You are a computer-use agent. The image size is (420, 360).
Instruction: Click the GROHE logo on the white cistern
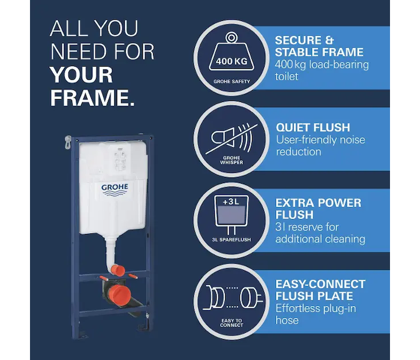tap(115, 190)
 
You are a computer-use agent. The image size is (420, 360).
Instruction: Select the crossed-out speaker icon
tap(232, 138)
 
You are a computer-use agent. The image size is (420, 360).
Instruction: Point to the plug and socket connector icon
tap(233, 297)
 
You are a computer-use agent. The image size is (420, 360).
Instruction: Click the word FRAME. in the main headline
tap(92, 98)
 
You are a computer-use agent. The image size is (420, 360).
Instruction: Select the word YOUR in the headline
tap(82, 75)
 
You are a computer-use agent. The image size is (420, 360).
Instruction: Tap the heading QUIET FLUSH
tap(313, 127)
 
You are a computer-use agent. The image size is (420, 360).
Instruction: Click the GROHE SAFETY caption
tap(232, 82)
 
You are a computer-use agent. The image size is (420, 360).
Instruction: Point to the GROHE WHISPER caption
tap(232, 160)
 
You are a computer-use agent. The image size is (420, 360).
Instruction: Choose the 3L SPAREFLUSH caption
tap(232, 240)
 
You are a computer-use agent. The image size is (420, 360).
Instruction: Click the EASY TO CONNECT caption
tap(232, 323)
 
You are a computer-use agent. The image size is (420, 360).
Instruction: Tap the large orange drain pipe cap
tap(120, 295)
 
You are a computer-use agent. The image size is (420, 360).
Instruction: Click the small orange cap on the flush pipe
tap(118, 270)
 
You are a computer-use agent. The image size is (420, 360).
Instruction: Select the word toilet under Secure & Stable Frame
tap(286, 77)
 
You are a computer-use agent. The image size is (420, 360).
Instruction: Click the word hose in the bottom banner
tap(287, 320)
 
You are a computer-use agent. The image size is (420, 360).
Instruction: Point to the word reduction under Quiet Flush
tap(298, 152)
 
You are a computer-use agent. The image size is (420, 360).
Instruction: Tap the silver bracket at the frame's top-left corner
tap(68, 142)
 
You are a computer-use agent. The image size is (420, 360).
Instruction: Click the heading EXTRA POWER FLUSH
tap(318, 209)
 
